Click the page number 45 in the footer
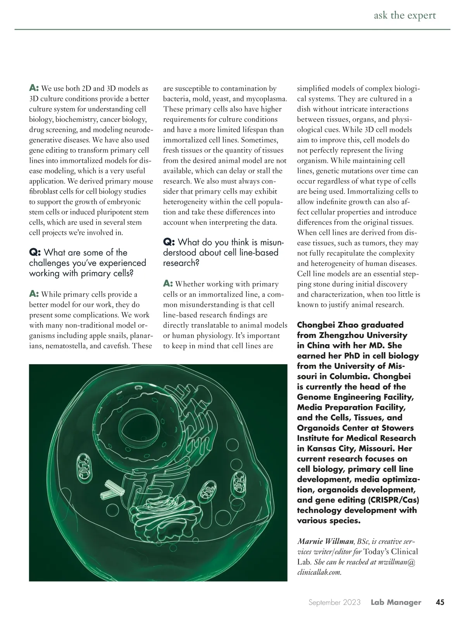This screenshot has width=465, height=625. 440,602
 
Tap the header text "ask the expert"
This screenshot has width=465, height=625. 405,15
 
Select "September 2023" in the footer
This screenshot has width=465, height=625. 334,603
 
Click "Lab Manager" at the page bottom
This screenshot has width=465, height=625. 396,603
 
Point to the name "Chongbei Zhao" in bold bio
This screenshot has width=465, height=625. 325,325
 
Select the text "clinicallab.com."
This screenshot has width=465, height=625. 319,572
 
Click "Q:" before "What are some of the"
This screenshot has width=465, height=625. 35,253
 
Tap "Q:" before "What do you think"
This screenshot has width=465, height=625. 169,243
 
